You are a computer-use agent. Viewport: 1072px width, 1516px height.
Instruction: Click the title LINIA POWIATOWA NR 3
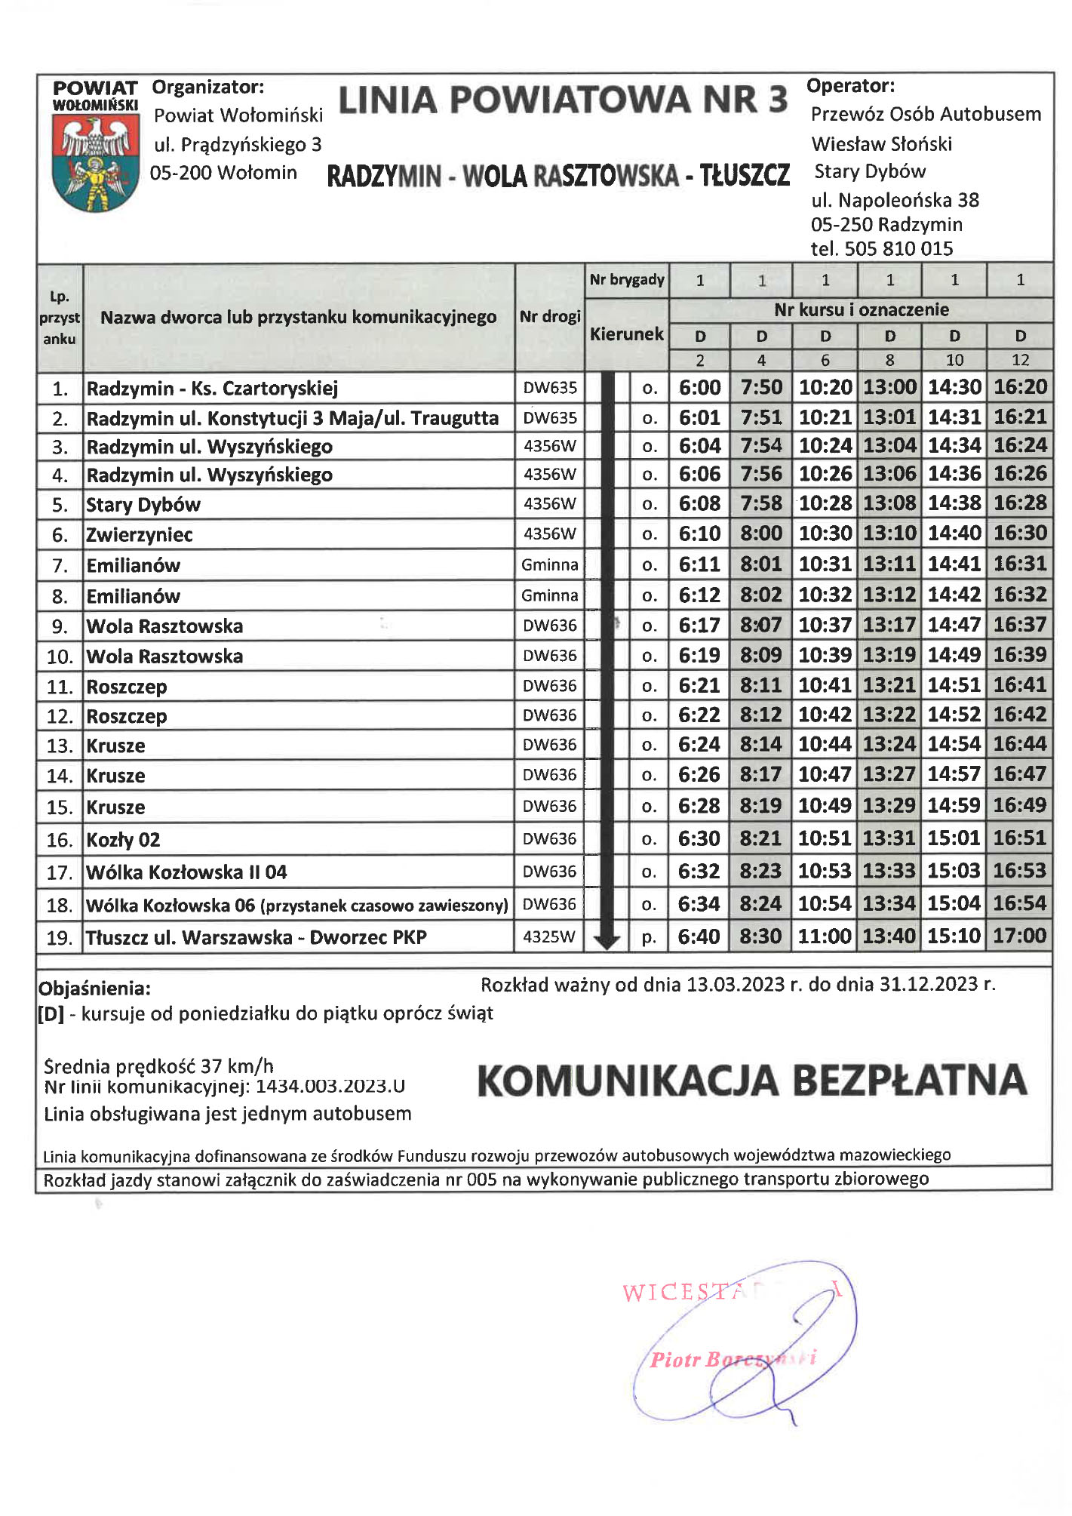tap(563, 100)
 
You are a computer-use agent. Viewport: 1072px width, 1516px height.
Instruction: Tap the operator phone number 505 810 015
tap(898, 249)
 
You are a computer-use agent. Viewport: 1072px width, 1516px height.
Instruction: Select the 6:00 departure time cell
tap(699, 388)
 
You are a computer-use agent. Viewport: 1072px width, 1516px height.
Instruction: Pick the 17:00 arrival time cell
tap(1020, 936)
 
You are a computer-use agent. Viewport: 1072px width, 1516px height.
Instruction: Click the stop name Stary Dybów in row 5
tap(143, 505)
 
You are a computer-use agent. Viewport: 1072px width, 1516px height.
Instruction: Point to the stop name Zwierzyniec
tap(140, 535)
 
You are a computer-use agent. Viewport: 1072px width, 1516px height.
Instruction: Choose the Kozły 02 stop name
tap(123, 840)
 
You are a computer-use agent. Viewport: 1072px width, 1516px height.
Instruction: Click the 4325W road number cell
tap(549, 937)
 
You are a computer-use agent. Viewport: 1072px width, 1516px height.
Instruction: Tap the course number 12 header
tap(1020, 361)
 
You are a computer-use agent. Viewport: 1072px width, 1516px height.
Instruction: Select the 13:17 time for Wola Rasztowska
tap(889, 626)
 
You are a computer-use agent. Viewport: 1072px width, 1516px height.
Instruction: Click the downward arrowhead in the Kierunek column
tap(607, 941)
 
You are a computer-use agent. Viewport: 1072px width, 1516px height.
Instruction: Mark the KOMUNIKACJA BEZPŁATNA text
tap(752, 1081)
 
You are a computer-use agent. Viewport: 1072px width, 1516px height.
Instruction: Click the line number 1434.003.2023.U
tap(330, 1087)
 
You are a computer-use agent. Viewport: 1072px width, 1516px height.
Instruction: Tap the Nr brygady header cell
tap(627, 280)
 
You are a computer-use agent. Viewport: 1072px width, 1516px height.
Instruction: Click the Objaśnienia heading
tap(94, 989)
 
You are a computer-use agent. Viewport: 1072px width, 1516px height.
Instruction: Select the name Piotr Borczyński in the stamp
tap(732, 1360)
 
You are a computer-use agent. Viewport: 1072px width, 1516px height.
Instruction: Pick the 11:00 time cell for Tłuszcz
tap(825, 936)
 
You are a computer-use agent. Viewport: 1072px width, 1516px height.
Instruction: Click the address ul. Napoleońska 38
tap(895, 200)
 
